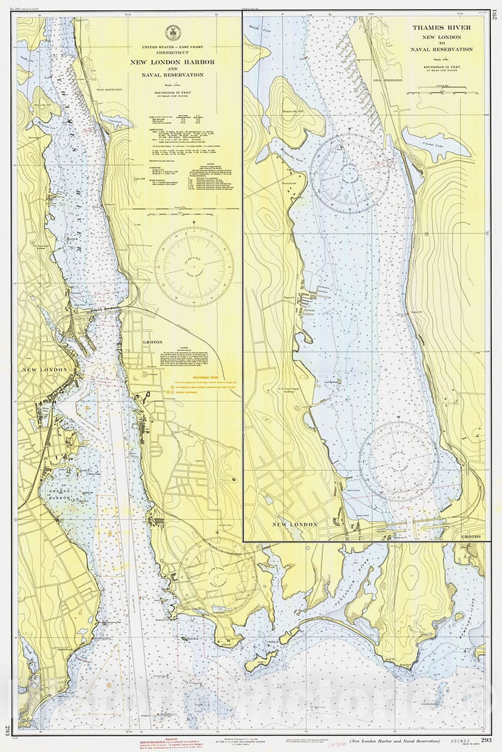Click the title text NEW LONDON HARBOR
(x=172, y=61)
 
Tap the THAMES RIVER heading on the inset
(x=441, y=28)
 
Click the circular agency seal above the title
(x=172, y=32)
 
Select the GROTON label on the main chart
(x=152, y=342)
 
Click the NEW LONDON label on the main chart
(x=45, y=369)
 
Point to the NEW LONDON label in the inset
(x=294, y=524)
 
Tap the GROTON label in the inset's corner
(x=473, y=537)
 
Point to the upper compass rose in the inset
(x=349, y=173)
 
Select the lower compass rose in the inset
(x=399, y=461)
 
